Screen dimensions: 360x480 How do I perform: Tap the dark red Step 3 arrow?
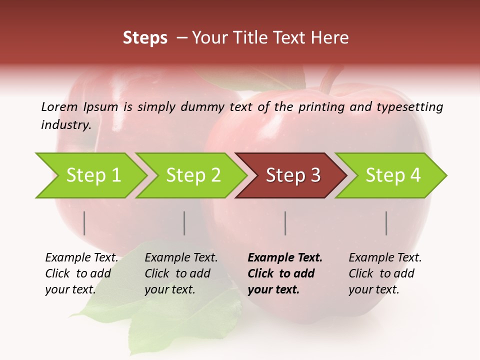coord(293,175)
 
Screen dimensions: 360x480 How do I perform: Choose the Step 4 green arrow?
coord(393,175)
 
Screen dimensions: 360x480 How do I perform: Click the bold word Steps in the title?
coord(145,37)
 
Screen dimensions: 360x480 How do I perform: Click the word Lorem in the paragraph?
coord(59,106)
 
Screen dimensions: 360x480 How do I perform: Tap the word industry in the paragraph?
coord(65,124)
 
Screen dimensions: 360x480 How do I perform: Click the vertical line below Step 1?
coord(84,223)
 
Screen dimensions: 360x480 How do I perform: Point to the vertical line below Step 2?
coord(184,223)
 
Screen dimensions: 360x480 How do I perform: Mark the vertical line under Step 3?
coord(285,223)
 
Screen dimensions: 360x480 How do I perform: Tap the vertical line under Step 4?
coord(386,223)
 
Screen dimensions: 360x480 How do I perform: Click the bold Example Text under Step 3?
coord(285,258)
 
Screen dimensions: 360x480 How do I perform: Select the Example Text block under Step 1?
coord(81,273)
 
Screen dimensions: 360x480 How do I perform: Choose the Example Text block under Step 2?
coord(180,273)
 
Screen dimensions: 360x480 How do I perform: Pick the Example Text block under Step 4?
coord(384,273)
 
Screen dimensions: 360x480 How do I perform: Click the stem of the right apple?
coord(329,79)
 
